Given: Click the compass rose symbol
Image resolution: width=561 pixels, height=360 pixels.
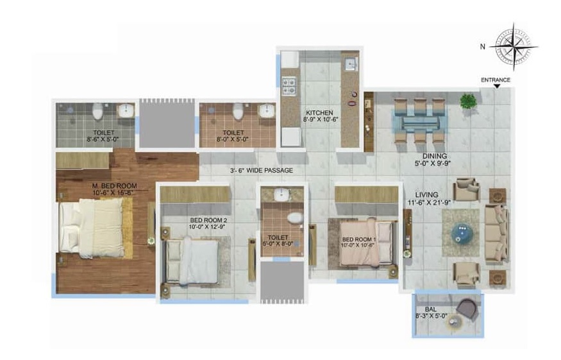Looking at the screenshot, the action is pos(514,47).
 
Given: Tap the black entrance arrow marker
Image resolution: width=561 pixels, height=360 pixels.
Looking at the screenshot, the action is pos(497,87).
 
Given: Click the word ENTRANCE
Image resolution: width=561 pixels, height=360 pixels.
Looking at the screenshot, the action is pos(496,80).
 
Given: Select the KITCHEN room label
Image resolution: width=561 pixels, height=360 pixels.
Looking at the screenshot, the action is pos(319,112).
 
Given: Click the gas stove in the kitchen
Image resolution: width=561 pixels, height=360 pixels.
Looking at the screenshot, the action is pos(289,87).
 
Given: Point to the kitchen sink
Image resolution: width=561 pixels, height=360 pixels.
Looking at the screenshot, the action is pos(351,64).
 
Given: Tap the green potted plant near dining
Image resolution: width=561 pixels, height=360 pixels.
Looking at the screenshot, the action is pos(468,101).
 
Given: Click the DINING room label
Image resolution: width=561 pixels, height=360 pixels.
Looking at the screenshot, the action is pos(435,156).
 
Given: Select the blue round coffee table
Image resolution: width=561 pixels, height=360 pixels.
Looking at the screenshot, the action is pos(462,233).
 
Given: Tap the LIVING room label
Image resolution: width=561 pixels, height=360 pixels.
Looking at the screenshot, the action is pos(426,195).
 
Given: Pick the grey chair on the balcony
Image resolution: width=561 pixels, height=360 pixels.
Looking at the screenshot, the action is pos(467,309).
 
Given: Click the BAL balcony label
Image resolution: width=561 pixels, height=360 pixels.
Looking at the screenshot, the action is pos(431,309).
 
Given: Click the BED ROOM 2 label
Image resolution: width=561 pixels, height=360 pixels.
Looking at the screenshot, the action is pos(208,220).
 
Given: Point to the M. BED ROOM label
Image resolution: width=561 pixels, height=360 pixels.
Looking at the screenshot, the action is pos(115,185).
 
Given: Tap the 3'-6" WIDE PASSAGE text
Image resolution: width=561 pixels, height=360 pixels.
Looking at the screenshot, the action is pos(262,171).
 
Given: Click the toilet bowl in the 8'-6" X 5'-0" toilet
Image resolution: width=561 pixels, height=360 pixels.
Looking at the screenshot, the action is pos(97,111).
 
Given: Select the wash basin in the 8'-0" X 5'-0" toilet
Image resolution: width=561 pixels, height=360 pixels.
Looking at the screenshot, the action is pos(266,110).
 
